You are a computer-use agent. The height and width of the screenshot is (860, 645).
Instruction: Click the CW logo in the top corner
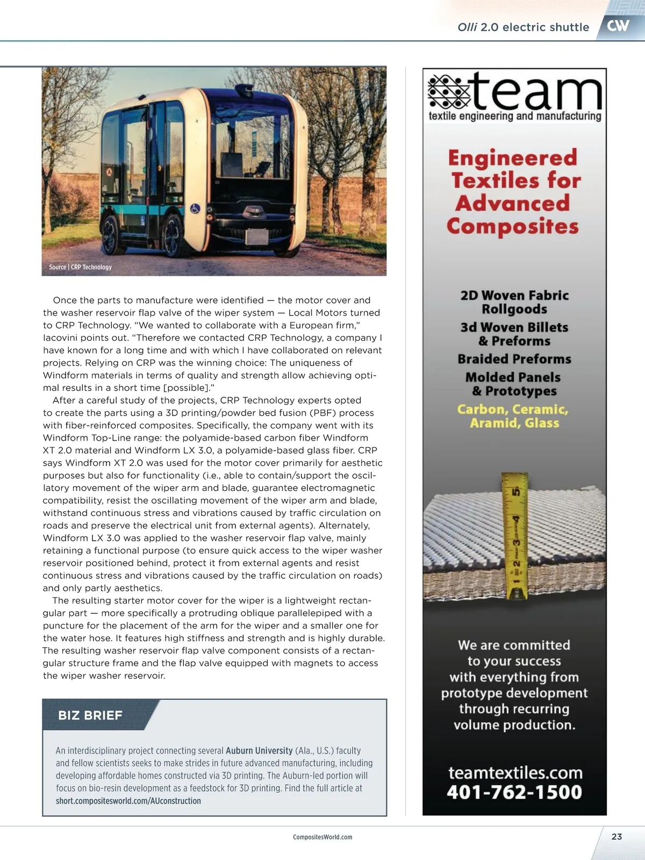(x=618, y=25)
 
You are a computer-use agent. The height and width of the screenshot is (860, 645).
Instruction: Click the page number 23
(x=617, y=836)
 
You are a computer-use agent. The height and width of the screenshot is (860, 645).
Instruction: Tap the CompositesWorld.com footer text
(x=322, y=837)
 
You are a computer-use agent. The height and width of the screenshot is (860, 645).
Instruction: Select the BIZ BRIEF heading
(x=90, y=715)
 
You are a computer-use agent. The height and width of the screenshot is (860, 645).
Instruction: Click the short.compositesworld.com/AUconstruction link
(x=128, y=801)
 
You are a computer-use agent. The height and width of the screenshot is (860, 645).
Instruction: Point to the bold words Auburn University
(x=259, y=750)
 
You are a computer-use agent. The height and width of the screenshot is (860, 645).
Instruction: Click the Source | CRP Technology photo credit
(x=80, y=267)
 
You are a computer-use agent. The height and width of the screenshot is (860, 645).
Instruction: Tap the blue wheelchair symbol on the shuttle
(x=195, y=208)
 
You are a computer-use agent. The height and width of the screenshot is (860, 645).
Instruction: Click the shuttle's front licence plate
(x=256, y=236)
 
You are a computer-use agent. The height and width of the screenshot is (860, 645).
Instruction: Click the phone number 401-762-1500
(x=514, y=792)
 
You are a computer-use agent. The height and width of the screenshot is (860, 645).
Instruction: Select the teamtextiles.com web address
(x=515, y=773)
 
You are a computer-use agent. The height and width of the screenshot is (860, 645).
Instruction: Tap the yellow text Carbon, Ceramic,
(x=513, y=410)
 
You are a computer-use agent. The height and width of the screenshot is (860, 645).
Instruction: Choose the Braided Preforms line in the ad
(x=514, y=359)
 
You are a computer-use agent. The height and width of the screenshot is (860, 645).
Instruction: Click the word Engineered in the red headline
(x=513, y=158)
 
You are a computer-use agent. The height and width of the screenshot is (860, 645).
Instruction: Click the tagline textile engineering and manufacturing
(x=514, y=116)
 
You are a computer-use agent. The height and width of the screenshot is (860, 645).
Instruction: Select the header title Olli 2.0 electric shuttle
(x=523, y=27)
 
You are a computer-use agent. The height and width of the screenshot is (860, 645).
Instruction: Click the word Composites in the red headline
(x=513, y=226)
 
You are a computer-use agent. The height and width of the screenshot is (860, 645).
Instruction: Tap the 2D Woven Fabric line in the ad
(x=514, y=295)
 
